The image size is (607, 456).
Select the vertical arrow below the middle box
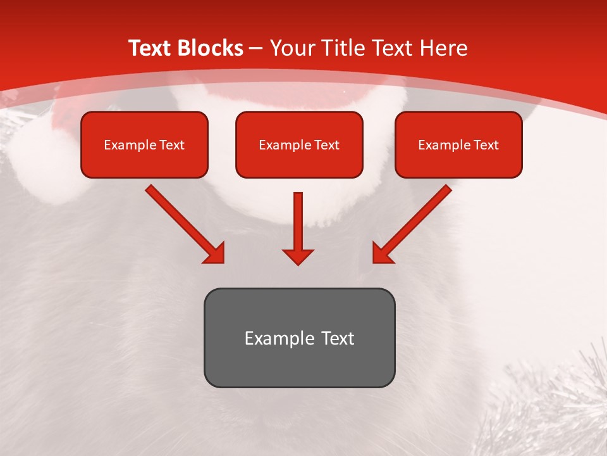click(x=298, y=222)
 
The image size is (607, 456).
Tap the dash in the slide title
click(x=255, y=48)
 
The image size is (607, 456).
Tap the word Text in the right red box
click(x=485, y=145)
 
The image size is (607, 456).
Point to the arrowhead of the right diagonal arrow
click(x=383, y=253)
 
